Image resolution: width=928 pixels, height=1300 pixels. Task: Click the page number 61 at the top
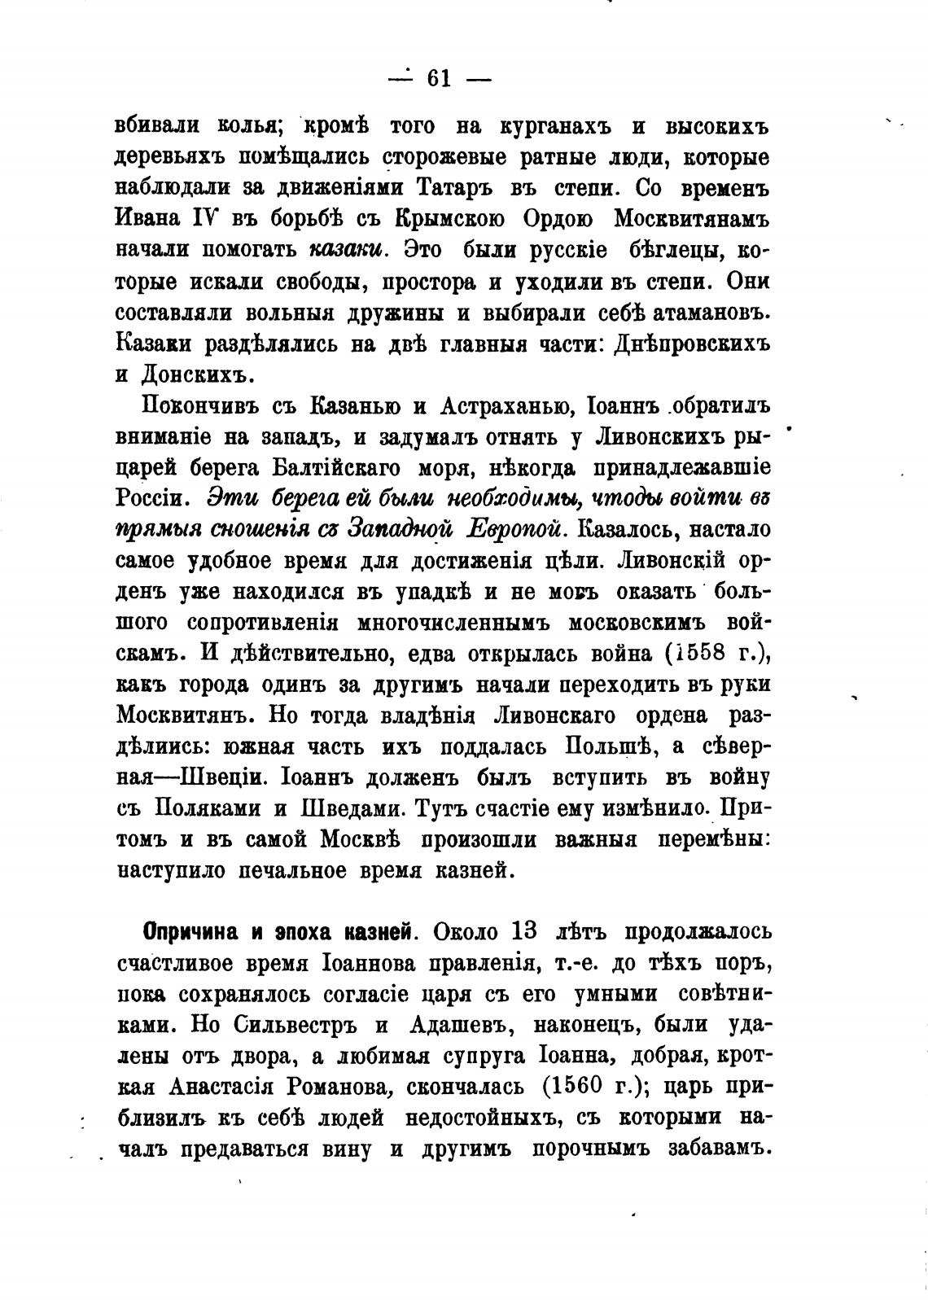point(439,78)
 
